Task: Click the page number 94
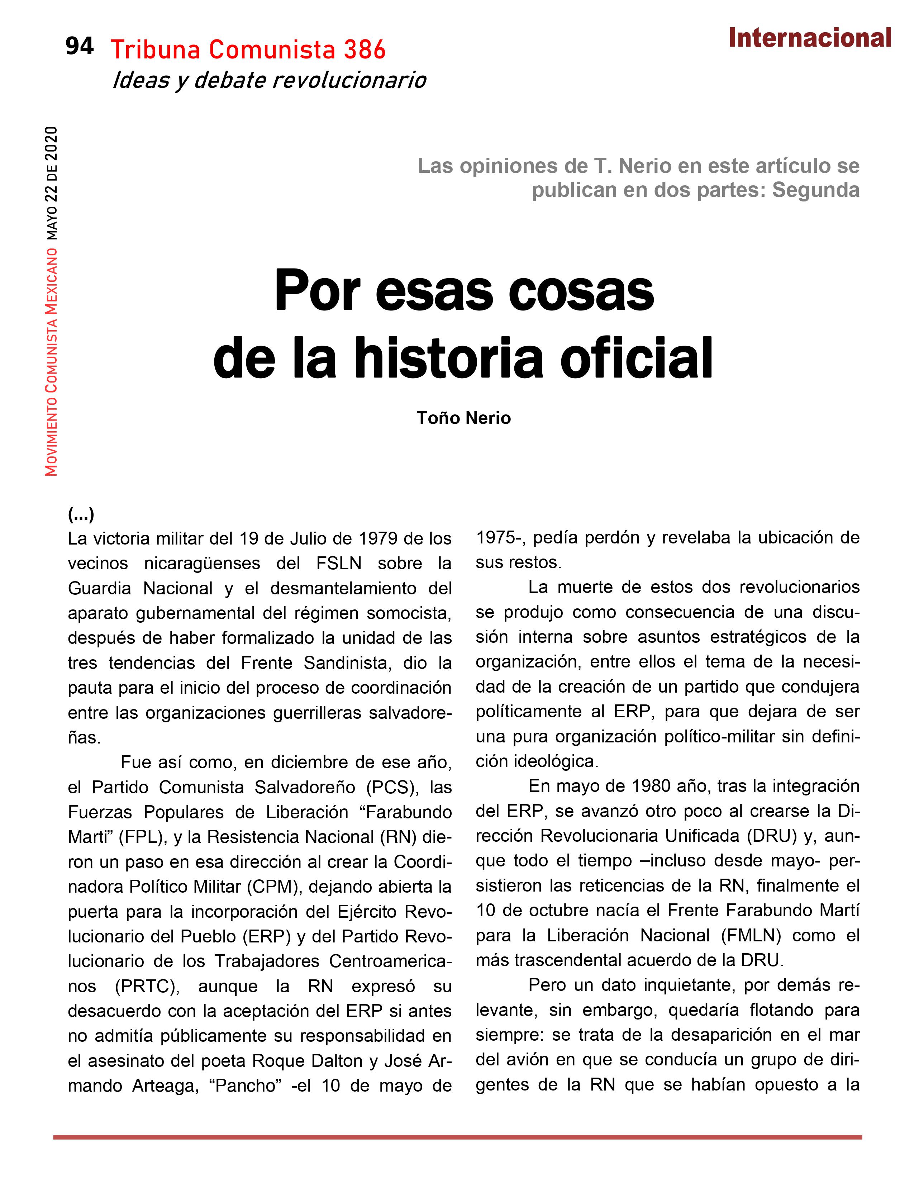(x=80, y=47)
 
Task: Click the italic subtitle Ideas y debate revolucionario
(x=269, y=81)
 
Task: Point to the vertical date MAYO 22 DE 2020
(x=52, y=183)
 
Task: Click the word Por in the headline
(x=317, y=292)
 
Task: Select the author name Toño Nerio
(x=463, y=418)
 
